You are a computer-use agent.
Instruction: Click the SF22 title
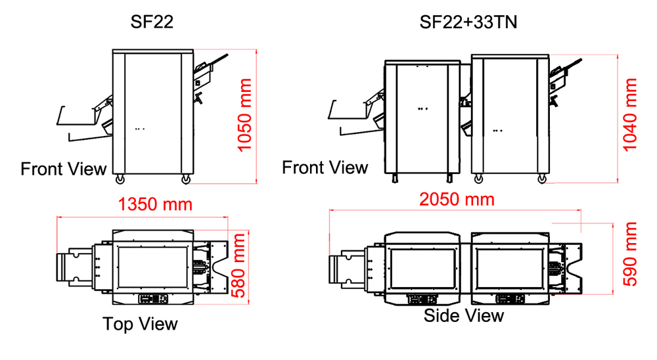(x=152, y=22)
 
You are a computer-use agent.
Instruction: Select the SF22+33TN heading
(x=468, y=22)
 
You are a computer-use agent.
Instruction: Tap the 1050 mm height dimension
(x=244, y=115)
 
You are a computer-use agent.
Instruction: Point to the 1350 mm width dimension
(x=155, y=204)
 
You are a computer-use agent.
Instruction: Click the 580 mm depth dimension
(x=238, y=265)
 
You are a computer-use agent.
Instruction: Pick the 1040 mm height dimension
(x=629, y=115)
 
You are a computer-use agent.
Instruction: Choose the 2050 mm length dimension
(x=457, y=200)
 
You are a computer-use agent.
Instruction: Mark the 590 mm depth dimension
(x=630, y=254)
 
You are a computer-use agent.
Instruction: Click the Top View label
(x=140, y=324)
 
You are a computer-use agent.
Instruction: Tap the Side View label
(x=463, y=315)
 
